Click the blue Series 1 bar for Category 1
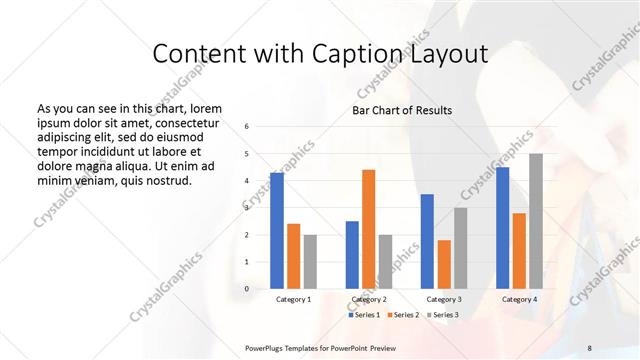pos(277,231)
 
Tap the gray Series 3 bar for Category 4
pos(536,222)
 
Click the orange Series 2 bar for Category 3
pos(444,264)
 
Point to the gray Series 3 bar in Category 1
pos(310,262)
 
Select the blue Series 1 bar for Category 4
pos(502,228)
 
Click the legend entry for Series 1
pos(364,315)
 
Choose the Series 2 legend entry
pos(403,315)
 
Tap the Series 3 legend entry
pos(443,315)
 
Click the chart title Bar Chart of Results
pos(402,110)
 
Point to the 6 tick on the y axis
pos(246,127)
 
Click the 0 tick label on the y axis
pos(246,289)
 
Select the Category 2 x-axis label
pos(368,299)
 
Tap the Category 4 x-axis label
pos(519,299)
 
